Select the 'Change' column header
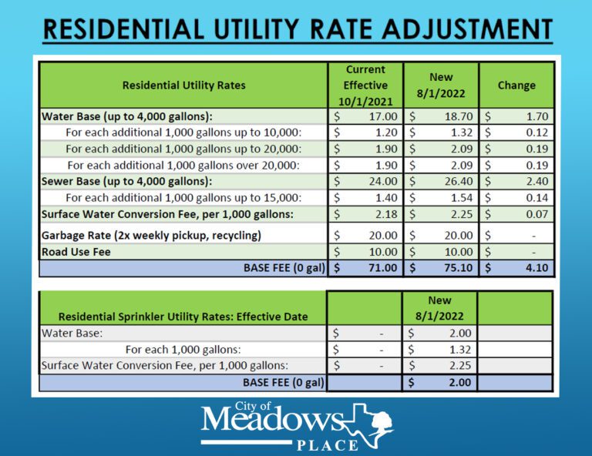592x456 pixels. click(516, 85)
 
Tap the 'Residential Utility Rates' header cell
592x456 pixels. click(183, 85)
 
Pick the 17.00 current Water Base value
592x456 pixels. click(382, 116)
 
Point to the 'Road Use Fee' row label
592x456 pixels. click(75, 252)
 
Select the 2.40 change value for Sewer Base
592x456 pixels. click(533, 181)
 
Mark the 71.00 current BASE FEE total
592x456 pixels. click(381, 268)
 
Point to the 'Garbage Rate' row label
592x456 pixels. click(151, 235)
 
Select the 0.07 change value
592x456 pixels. click(533, 214)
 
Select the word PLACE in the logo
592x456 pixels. click(328, 445)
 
